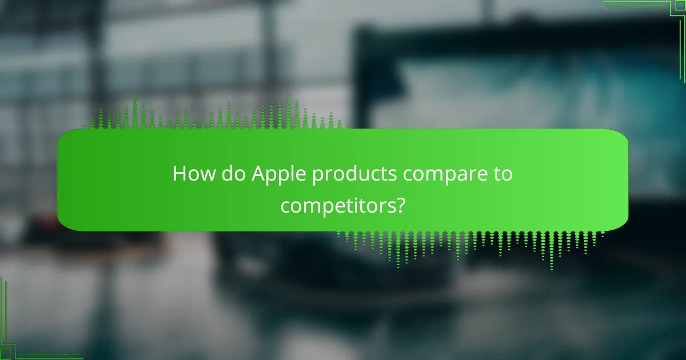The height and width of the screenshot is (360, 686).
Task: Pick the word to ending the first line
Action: pyautogui.click(x=502, y=174)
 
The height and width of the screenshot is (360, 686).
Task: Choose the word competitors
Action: pyautogui.click(x=337, y=206)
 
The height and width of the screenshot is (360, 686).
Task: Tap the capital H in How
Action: pyautogui.click(x=180, y=174)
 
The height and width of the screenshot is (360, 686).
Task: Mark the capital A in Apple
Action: pyautogui.click(x=258, y=174)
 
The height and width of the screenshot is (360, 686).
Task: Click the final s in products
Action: pyautogui.click(x=396, y=175)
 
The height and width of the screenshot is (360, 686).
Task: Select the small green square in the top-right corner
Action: pyautogui.click(x=681, y=5)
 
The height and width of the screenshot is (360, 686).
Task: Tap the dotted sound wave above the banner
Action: pyautogui.click(x=217, y=114)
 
